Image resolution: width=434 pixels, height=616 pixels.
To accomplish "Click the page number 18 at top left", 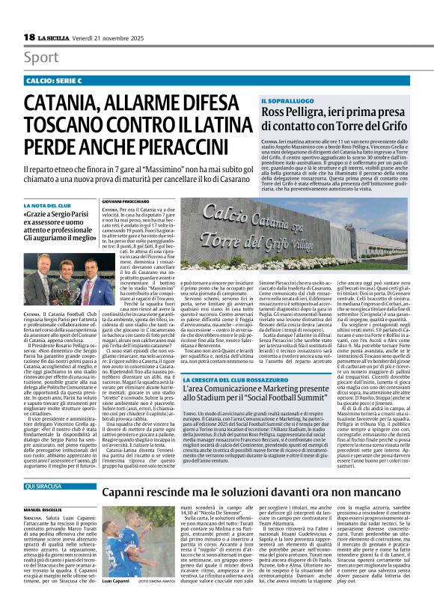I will point(29,37).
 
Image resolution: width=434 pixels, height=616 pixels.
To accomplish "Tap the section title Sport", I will point(42,57).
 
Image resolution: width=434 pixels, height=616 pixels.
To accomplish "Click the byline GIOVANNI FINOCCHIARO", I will point(123,201).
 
